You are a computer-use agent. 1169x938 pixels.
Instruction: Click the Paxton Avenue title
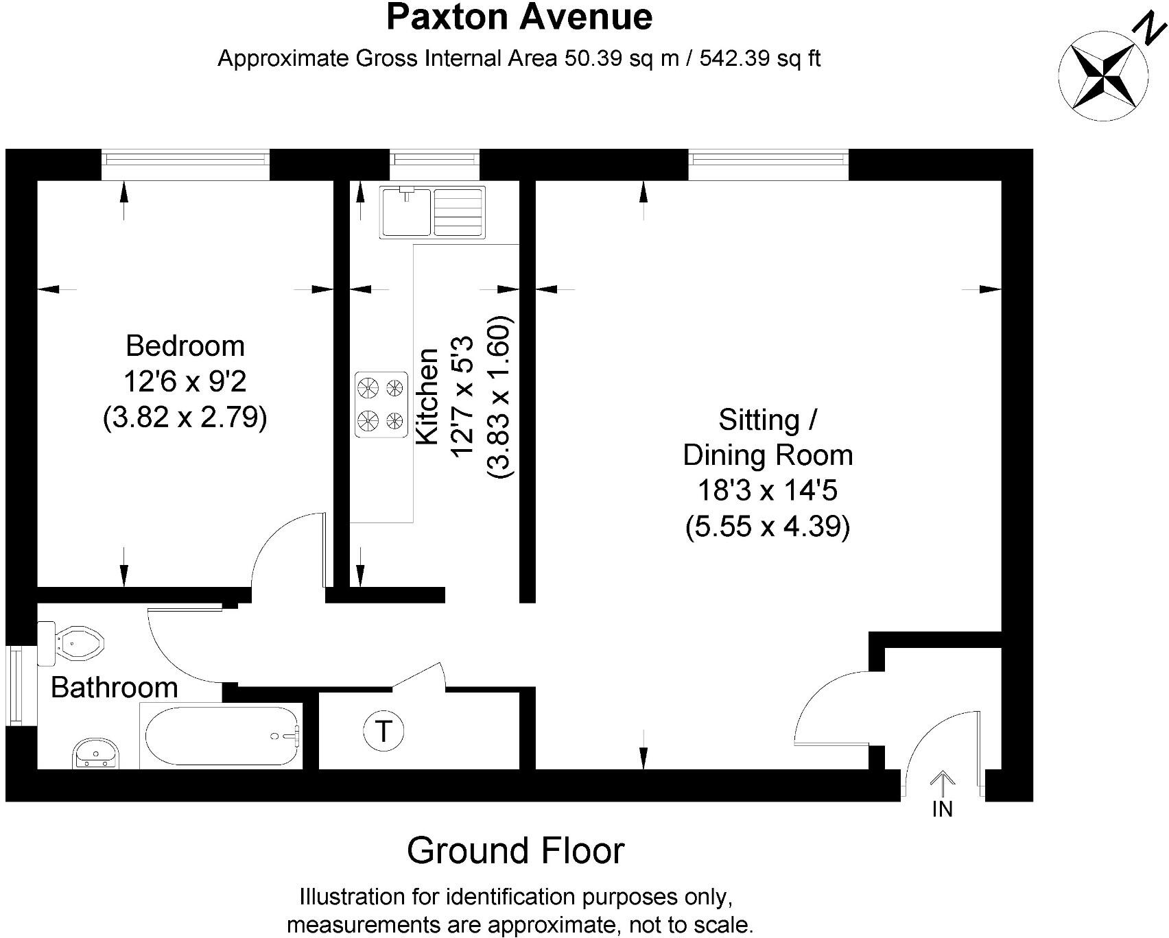519,17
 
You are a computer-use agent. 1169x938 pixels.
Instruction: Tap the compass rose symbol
1104,76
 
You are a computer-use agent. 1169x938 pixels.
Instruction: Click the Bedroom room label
185,346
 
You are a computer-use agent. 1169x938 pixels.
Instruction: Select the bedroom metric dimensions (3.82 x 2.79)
185,417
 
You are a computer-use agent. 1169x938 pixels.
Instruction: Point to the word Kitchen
427,396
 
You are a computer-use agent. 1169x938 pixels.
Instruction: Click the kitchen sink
432,213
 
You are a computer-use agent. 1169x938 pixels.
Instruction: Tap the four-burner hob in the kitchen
381,405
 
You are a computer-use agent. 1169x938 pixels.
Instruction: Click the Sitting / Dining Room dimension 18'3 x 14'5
768,491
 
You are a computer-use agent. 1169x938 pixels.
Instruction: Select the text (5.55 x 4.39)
768,527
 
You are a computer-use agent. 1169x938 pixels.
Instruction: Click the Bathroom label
115,687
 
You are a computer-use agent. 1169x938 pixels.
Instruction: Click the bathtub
221,736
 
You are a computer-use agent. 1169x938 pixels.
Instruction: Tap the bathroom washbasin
97,754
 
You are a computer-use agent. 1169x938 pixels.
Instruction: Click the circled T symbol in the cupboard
383,732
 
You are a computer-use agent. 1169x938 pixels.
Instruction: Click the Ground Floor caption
516,851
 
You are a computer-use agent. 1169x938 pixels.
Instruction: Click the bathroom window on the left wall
14,685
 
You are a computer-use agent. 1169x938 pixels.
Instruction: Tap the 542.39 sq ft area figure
760,58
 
